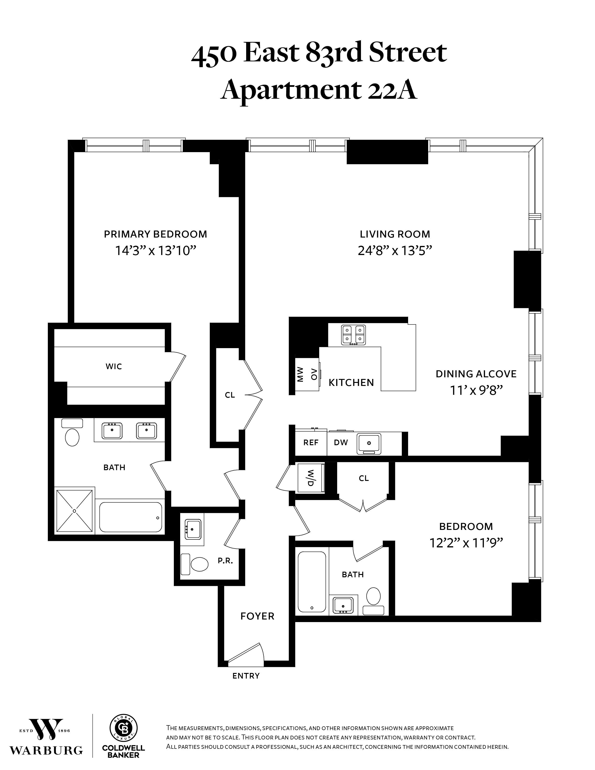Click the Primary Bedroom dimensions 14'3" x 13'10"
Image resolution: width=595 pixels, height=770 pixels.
click(x=155, y=251)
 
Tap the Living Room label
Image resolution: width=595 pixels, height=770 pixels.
click(x=395, y=234)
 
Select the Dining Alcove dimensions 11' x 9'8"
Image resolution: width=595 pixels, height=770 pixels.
click(x=476, y=390)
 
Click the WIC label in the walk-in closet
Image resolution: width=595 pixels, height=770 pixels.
click(x=113, y=367)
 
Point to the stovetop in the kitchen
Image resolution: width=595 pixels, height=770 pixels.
click(x=353, y=335)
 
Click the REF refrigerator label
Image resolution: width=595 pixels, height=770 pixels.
click(x=311, y=442)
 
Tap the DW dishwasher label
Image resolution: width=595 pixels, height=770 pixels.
click(x=341, y=442)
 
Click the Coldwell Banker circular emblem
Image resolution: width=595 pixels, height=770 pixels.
click(x=123, y=728)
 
